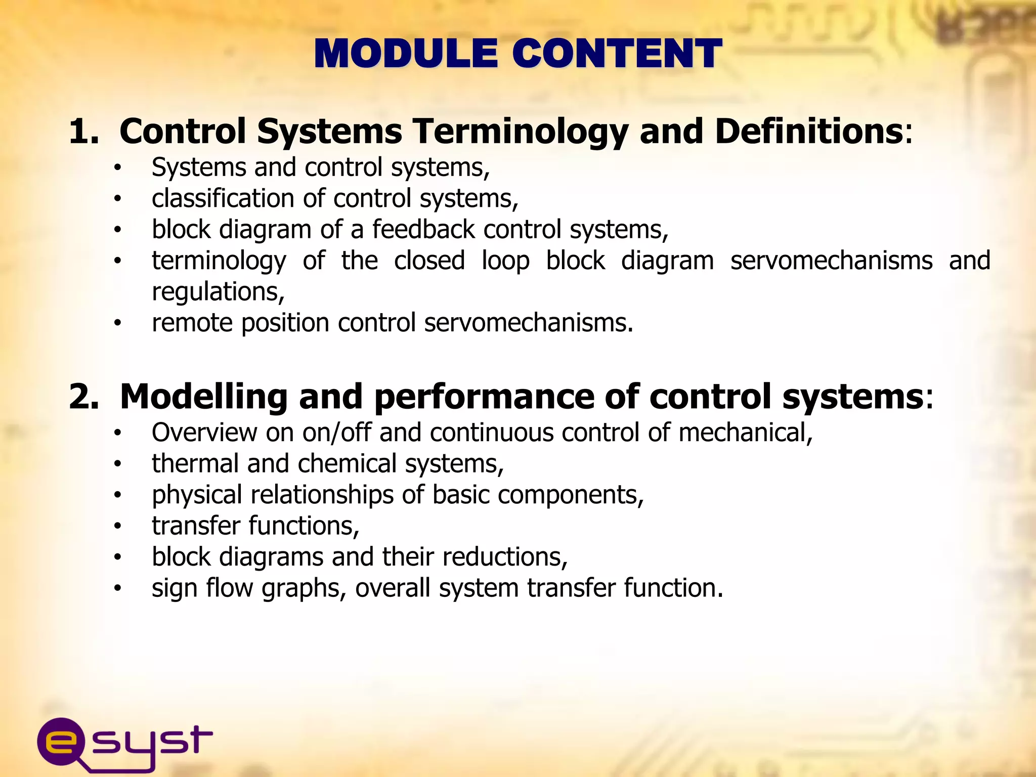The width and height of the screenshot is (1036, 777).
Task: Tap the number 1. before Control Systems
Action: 83,131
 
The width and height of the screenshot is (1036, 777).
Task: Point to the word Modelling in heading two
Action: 204,397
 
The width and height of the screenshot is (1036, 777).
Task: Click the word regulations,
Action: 218,292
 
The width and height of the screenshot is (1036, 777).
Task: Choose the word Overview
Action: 204,433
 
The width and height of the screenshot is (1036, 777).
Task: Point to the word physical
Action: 197,495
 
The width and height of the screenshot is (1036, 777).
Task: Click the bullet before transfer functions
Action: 117,526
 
